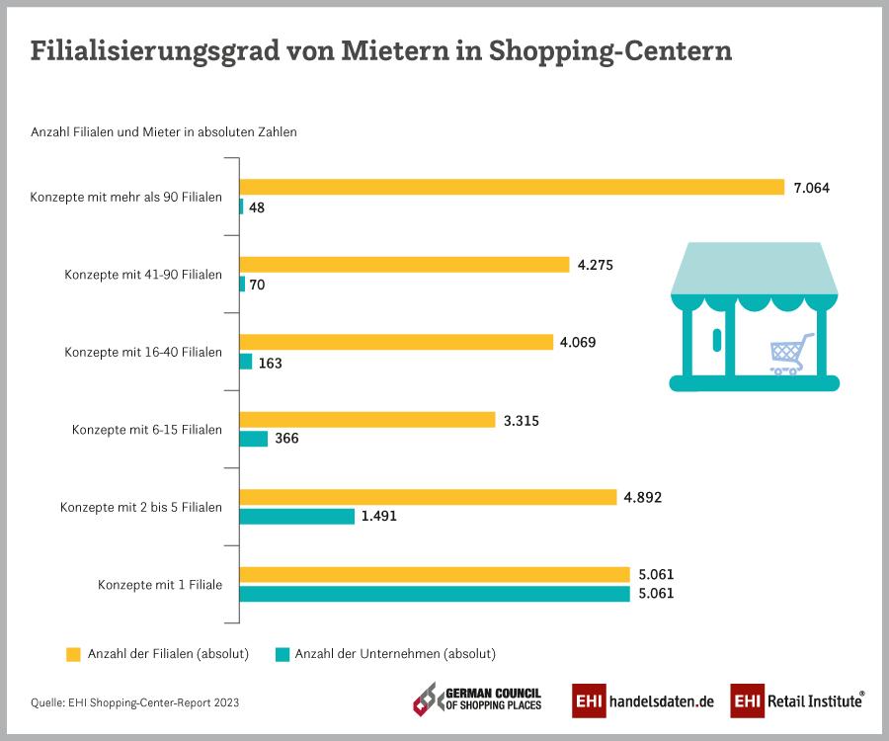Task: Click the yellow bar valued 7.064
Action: click(x=512, y=187)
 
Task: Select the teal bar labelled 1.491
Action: click(x=297, y=516)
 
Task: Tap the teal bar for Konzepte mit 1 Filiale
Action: click(x=435, y=594)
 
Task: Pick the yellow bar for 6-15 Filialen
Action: click(x=367, y=420)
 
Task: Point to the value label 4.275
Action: click(x=596, y=265)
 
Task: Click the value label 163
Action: click(x=270, y=363)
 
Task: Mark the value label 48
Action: click(x=256, y=207)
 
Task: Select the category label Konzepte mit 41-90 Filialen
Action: click(x=143, y=275)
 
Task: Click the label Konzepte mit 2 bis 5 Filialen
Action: click(x=140, y=507)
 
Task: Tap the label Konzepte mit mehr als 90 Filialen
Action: click(x=126, y=197)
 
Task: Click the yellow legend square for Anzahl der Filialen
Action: click(x=72, y=653)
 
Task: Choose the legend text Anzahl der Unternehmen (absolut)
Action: click(x=395, y=653)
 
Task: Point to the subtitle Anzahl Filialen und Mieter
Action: click(x=164, y=131)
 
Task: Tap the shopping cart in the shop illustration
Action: click(x=791, y=353)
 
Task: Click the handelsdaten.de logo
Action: click(x=643, y=700)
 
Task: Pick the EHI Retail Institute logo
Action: click(x=798, y=700)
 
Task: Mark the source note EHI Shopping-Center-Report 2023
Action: click(x=134, y=703)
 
